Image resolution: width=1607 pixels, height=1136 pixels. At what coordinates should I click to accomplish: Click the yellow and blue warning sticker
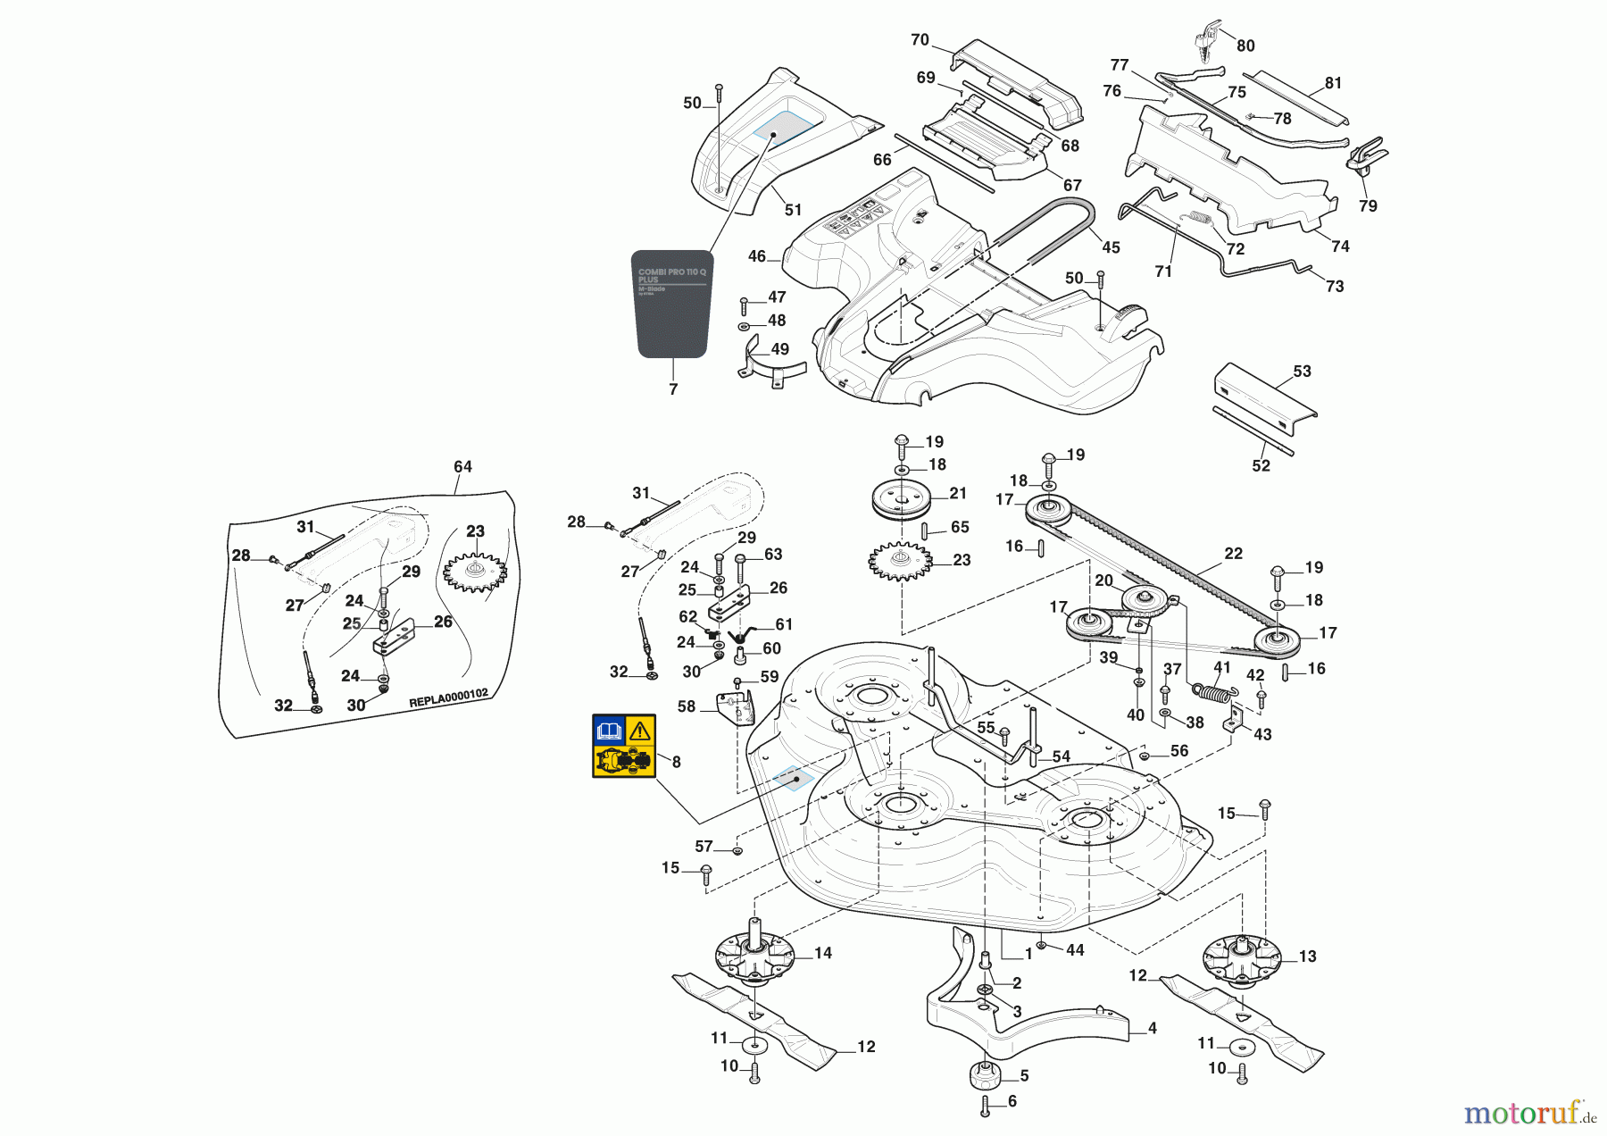624,746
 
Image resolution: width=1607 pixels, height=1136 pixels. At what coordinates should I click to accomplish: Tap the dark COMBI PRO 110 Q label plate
673,304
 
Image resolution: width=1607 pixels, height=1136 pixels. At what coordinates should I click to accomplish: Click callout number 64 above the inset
462,467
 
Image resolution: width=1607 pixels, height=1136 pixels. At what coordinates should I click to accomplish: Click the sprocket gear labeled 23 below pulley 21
900,562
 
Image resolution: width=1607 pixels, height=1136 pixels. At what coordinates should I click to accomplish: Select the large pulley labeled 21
902,499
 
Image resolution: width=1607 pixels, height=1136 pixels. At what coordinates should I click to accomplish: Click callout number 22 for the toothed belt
1233,554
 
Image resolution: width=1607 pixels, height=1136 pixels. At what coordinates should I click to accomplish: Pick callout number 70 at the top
920,40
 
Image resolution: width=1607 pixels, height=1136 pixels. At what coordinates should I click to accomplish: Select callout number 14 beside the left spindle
822,954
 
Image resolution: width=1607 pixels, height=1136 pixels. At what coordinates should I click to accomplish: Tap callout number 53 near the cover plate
1302,372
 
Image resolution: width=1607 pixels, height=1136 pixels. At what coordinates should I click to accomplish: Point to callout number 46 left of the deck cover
757,256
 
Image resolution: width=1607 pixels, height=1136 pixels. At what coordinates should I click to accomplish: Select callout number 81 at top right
1333,83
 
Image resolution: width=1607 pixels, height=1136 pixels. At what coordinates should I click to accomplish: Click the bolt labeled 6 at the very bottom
985,1107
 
